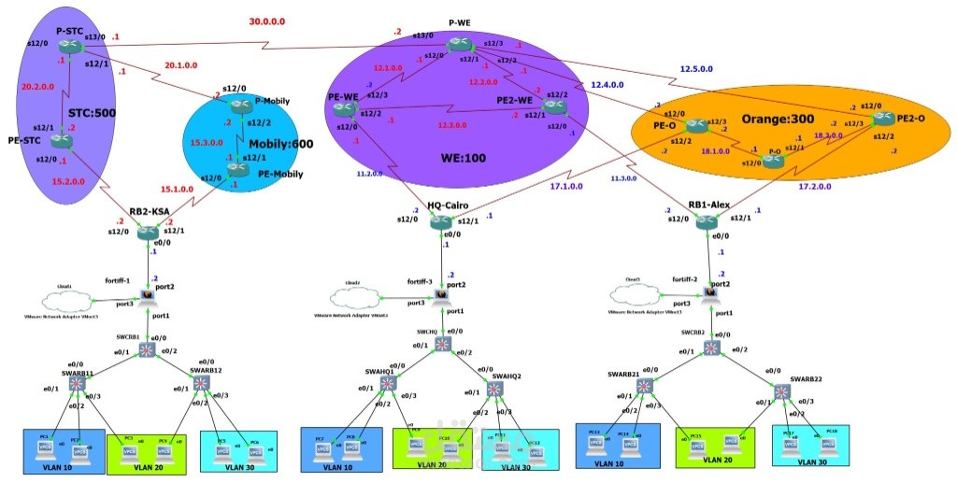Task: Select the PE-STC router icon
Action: (x=63, y=142)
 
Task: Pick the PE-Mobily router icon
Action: (x=236, y=170)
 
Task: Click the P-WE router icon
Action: (x=459, y=44)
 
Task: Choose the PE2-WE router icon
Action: (x=556, y=106)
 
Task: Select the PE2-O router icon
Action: (x=881, y=119)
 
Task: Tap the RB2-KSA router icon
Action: (x=149, y=232)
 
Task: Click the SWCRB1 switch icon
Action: (x=148, y=349)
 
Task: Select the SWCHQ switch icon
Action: (x=442, y=345)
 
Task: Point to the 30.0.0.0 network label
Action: (x=268, y=21)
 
